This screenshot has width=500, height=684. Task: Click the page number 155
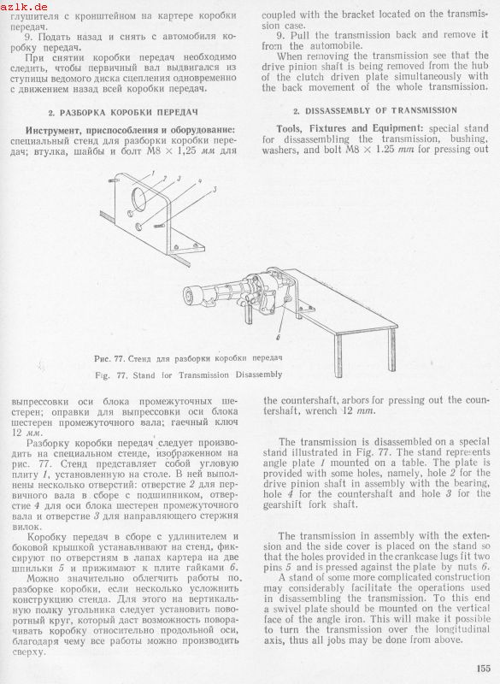pyautogui.click(x=484, y=668)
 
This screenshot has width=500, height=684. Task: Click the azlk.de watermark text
pyautogui.click(x=24, y=7)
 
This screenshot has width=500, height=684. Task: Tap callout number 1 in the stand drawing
pyautogui.click(x=154, y=173)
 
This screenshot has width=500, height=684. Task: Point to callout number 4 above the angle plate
pyautogui.click(x=200, y=180)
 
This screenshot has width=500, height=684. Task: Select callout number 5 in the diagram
pyautogui.click(x=215, y=189)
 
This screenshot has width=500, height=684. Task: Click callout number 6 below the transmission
pyautogui.click(x=278, y=337)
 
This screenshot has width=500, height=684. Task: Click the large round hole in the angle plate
pyautogui.click(x=141, y=199)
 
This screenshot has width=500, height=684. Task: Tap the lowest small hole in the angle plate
pyautogui.click(x=139, y=226)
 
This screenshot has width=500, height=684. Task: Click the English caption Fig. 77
pyautogui.click(x=188, y=374)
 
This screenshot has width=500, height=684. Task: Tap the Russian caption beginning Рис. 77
pyautogui.click(x=188, y=358)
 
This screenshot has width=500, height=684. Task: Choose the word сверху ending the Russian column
pyautogui.click(x=28, y=652)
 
